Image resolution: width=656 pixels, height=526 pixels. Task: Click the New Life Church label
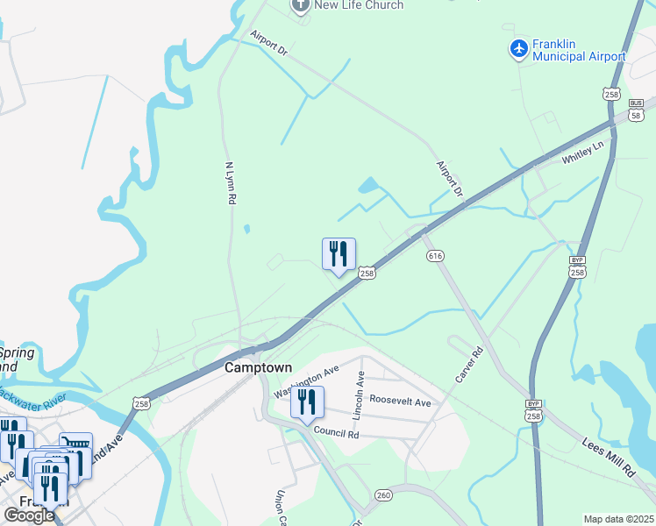[359, 5]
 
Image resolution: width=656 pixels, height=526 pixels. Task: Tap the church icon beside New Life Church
[300, 5]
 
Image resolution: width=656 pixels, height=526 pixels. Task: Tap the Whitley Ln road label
[583, 154]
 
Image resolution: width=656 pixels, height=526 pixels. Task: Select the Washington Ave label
[306, 381]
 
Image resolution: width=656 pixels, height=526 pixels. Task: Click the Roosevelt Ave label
[400, 402]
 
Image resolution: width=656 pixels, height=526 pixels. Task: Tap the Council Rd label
[337, 433]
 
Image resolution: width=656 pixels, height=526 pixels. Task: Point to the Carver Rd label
[470, 364]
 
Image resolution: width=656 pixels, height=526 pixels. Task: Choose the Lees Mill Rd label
[608, 458]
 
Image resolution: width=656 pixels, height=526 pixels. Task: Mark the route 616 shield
[435, 256]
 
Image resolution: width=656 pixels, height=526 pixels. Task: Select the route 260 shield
[383, 495]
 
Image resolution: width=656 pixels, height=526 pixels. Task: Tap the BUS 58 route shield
[636, 105]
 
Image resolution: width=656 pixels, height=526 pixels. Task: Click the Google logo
[28, 515]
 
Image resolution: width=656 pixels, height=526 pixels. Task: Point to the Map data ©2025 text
[618, 519]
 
